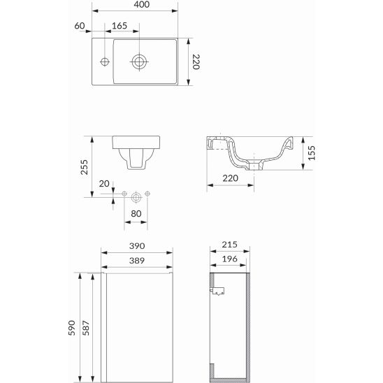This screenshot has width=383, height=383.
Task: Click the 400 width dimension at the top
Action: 142,4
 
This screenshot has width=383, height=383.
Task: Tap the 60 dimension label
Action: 80,26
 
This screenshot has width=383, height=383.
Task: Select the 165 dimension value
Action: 120,26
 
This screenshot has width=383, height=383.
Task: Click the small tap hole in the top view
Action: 105,62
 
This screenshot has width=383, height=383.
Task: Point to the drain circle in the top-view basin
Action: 139,62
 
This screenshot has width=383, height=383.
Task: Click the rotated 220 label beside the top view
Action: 196,62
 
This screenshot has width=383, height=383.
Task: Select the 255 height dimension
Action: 85,167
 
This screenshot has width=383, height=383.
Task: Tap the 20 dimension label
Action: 104,184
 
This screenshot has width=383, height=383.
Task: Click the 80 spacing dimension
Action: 136,214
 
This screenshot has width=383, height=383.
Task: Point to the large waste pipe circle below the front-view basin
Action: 136,197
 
